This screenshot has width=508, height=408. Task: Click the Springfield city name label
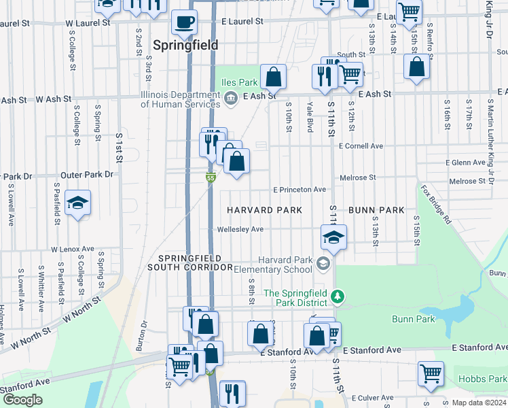pyautogui.click(x=185, y=45)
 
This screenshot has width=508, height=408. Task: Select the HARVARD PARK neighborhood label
pyautogui.click(x=264, y=210)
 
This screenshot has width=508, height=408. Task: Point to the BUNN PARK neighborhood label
pyautogui.click(x=376, y=210)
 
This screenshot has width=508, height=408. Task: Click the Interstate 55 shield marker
pyautogui.click(x=211, y=178)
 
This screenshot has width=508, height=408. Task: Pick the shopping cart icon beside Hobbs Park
pyautogui.click(x=431, y=373)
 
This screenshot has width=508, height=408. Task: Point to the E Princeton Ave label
pyautogui.click(x=300, y=190)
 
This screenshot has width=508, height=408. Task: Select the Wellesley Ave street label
pyautogui.click(x=240, y=229)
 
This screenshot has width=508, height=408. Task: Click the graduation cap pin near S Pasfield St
pyautogui.click(x=78, y=203)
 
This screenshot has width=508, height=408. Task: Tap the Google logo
pyautogui.click(x=23, y=400)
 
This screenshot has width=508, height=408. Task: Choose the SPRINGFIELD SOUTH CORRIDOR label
pyautogui.click(x=195, y=263)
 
